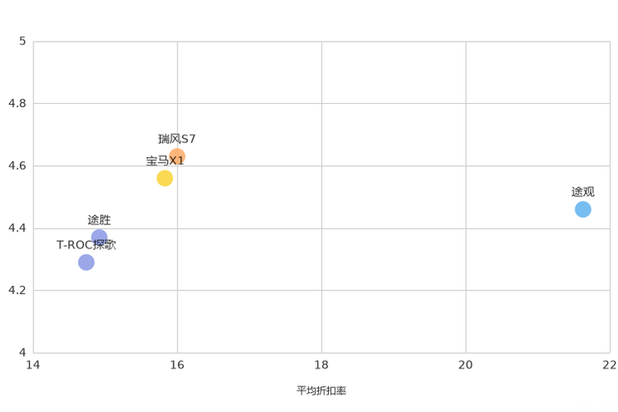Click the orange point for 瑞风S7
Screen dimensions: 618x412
[x=178, y=156]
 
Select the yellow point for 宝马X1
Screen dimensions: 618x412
[x=164, y=179]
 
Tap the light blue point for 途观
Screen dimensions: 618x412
[x=583, y=209]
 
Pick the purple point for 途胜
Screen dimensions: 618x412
[x=99, y=238]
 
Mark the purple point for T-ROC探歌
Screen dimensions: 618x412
[x=86, y=262]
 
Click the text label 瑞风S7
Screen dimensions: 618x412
[x=177, y=139]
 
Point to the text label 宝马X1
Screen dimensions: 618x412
[x=164, y=161]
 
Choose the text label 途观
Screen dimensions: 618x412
[x=583, y=192]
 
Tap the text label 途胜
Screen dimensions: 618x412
[x=99, y=220]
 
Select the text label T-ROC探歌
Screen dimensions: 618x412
[x=86, y=245]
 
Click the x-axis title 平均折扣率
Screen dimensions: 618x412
[x=321, y=390]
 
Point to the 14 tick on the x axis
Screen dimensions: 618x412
[x=33, y=365]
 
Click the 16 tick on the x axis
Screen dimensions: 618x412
[x=178, y=365]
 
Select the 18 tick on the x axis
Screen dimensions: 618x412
[x=321, y=365]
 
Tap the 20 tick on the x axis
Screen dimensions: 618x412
[x=465, y=365]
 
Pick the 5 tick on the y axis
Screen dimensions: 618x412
[x=22, y=41]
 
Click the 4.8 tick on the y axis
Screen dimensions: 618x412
[x=17, y=103]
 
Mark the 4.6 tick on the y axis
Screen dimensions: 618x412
[x=17, y=165]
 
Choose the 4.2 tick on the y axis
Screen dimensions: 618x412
[x=17, y=290]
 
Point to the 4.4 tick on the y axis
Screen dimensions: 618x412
[x=17, y=228]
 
